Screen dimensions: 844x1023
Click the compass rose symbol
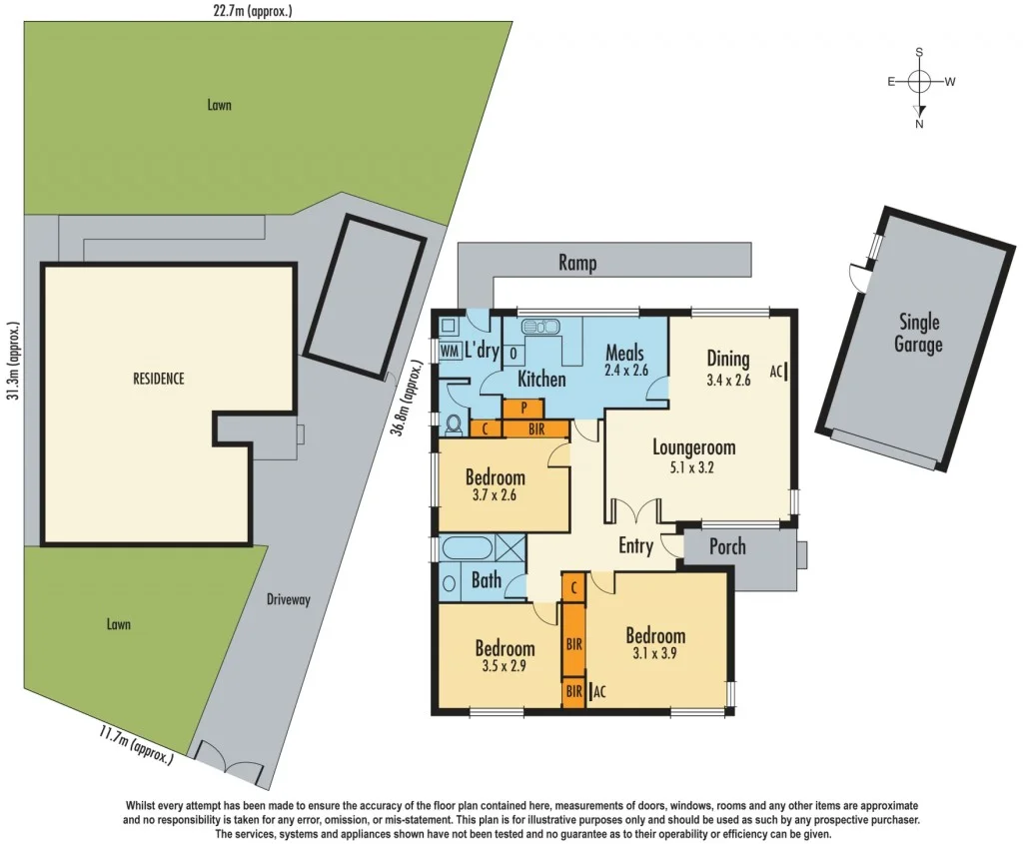pos(920,83)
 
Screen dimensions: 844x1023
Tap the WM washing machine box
pos(449,352)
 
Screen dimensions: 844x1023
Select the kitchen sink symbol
pos(540,327)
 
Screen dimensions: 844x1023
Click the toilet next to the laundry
pos(453,424)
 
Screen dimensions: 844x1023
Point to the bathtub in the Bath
pos(467,548)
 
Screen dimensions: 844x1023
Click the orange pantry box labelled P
pos(523,408)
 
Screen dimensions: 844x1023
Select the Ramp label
pos(577,264)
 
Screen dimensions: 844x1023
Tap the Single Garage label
pos(919,334)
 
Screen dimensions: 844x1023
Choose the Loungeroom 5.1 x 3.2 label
pos(693,456)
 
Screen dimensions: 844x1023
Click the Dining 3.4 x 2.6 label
pos(727,368)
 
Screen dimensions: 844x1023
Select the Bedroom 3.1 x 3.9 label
pos(655,645)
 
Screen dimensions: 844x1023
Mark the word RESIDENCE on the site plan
pos(158,379)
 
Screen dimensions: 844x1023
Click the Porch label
pos(728,546)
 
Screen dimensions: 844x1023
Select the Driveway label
pos(289,600)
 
